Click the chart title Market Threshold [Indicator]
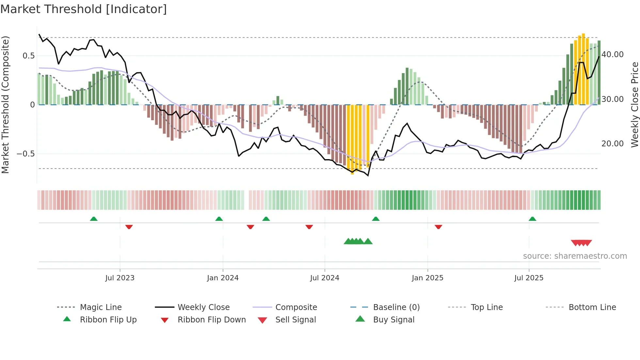tap(84, 9)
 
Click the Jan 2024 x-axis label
tap(223, 278)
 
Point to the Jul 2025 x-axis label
tap(529, 278)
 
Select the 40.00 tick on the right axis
tap(612, 55)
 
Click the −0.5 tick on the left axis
tap(26, 154)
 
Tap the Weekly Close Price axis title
tap(634, 105)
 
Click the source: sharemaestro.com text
tap(575, 256)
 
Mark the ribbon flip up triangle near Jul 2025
tap(532, 219)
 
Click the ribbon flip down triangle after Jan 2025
tap(438, 227)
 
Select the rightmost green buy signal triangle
tap(368, 241)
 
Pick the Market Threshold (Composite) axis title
tap(5, 105)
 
